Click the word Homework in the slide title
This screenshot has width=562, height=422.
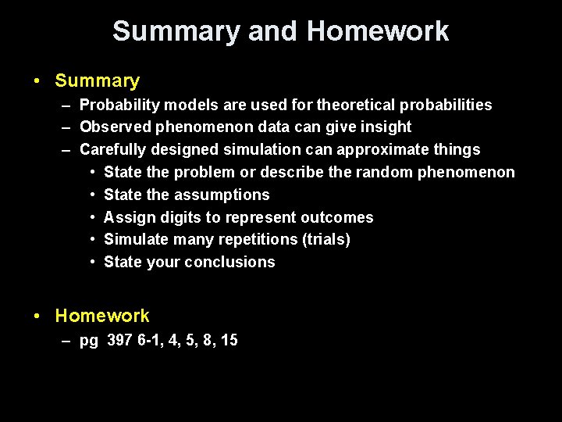click(x=378, y=31)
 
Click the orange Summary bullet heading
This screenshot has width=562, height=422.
click(x=98, y=80)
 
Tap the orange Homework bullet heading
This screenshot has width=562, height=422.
click(x=102, y=316)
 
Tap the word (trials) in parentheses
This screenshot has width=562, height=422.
click(x=325, y=239)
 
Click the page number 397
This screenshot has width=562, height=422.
click(x=119, y=340)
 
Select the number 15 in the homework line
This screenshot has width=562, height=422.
click(x=229, y=340)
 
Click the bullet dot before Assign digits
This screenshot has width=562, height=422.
click(x=93, y=217)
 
